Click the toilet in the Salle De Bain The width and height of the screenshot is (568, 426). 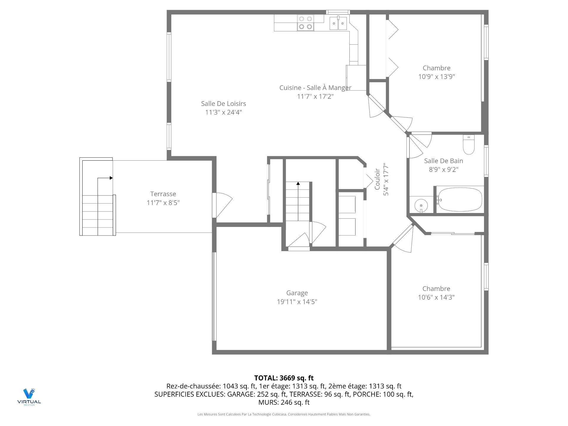coord(469,145)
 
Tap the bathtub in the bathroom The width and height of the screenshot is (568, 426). coord(460,199)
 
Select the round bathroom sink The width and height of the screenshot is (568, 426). coord(421,205)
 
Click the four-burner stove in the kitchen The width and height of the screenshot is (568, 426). coord(306,22)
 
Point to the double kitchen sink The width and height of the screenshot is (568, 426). coord(338,23)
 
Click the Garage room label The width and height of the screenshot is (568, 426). coord(297,293)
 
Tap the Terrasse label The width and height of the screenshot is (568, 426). coord(163,194)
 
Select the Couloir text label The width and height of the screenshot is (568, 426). coord(377,179)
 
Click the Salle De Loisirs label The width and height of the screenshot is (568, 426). coord(223,104)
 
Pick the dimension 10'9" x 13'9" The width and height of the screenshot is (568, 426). coord(436,77)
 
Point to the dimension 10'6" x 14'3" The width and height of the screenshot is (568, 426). coord(436,297)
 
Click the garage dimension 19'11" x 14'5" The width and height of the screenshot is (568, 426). coord(297,302)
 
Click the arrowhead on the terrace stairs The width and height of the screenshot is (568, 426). coord(111,178)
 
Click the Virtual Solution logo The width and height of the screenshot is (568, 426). coord(29,397)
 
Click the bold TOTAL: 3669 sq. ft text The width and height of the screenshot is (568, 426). coord(284,378)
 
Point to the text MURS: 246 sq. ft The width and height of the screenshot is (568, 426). coord(284,402)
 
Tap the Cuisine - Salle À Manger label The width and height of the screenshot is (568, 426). coord(315,88)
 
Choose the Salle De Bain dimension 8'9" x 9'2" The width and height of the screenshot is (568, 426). coord(443,170)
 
